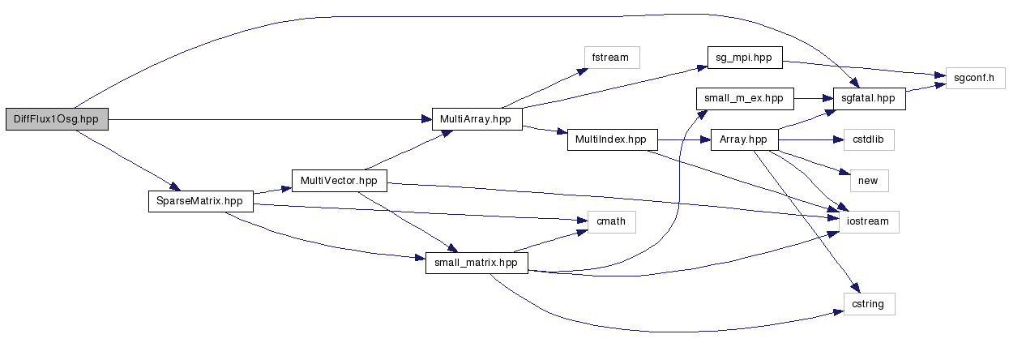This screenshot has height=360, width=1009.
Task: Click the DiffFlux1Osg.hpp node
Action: click(56, 119)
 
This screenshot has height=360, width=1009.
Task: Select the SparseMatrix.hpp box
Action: click(199, 201)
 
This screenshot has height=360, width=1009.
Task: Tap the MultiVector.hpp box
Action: click(339, 180)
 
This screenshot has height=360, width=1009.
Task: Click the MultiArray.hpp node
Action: click(476, 119)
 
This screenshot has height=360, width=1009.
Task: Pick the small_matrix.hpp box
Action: click(477, 263)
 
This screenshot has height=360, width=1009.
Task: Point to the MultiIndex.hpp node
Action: click(610, 139)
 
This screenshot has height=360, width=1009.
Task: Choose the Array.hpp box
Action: click(743, 139)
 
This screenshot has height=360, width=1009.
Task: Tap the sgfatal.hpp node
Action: click(868, 98)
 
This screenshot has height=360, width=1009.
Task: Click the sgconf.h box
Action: click(975, 78)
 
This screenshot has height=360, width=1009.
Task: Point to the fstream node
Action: click(611, 57)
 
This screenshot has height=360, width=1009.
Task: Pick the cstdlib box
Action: click(868, 139)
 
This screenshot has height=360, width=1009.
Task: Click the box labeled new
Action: click(867, 180)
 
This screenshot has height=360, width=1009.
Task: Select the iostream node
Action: click(868, 221)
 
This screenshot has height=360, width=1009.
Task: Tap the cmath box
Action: click(605, 221)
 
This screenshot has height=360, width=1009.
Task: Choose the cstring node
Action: click(868, 304)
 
